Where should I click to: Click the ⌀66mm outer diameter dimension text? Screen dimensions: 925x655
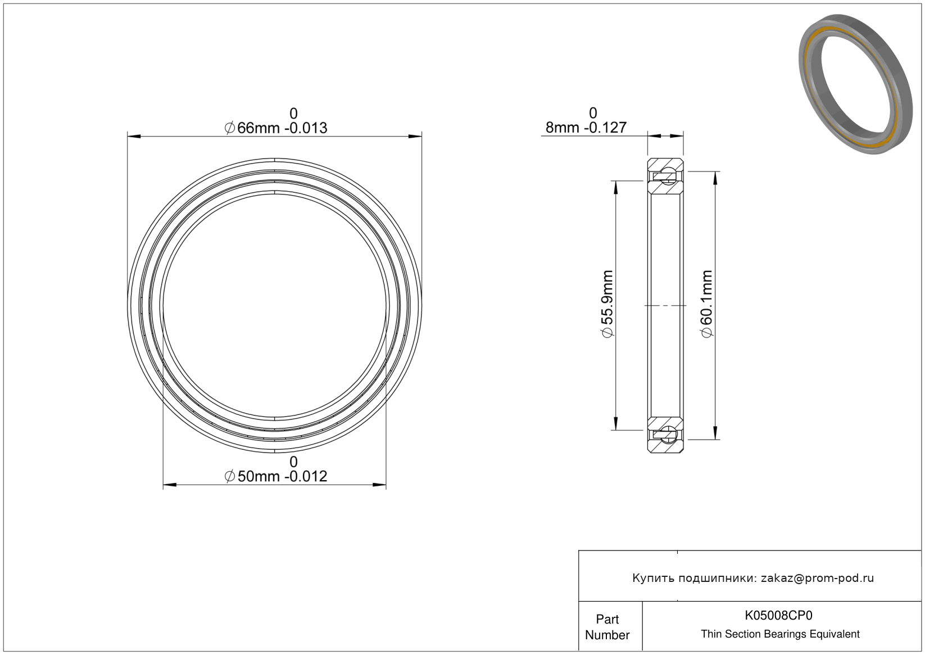pyautogui.click(x=276, y=128)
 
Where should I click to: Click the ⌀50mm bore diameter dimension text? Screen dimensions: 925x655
pyautogui.click(x=276, y=476)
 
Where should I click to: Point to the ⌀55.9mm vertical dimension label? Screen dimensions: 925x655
pyautogui.click(x=607, y=304)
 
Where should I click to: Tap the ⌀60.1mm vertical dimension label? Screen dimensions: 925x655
pyautogui.click(x=707, y=304)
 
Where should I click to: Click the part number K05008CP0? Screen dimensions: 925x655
pyautogui.click(x=778, y=615)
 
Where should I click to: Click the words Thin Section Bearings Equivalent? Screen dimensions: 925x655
pyautogui.click(x=780, y=634)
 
